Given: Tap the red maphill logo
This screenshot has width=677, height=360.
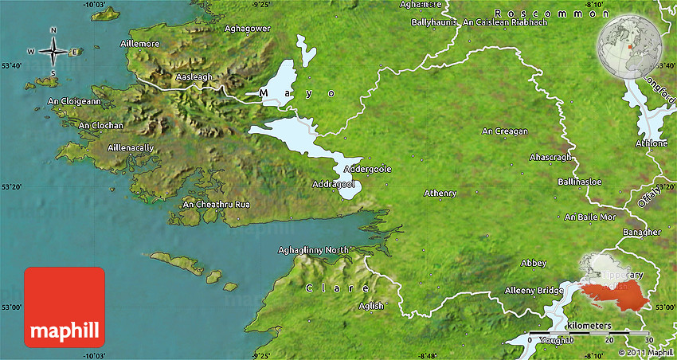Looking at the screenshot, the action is [65, 307].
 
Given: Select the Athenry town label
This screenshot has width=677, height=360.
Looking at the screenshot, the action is [440, 193].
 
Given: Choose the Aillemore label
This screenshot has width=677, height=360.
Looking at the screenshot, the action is [139, 43].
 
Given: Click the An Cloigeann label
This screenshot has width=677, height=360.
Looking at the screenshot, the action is [74, 101].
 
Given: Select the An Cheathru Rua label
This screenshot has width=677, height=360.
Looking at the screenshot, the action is [217, 205].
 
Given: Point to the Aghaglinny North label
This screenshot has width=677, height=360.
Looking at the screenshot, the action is [313, 250].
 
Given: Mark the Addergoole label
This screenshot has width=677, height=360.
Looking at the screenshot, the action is [367, 169].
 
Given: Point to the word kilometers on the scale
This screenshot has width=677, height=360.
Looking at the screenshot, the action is [589, 326].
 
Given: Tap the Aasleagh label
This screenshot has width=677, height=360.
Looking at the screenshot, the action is [194, 76].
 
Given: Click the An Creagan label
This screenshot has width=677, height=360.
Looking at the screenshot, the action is [505, 131].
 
